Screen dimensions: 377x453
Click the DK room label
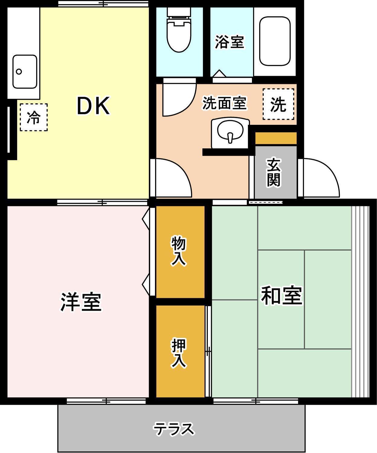pos(93,106)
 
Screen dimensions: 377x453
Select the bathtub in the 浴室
pos(275,41)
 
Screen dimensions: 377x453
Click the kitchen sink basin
pos(24,72)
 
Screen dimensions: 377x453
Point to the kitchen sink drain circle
pos(19,72)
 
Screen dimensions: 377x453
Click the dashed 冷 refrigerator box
pos(34,117)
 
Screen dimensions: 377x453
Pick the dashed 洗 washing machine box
pos(279,104)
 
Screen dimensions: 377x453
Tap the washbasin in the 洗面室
pos(230,133)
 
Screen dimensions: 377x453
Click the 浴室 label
pos(229,42)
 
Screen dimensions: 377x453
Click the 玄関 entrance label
pos(274,172)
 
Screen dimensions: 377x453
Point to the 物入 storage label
pos(179,251)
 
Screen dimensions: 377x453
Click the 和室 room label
pos(282,295)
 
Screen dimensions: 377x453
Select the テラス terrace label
pos(174,429)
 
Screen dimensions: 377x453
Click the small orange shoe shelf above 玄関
pos(275,138)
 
